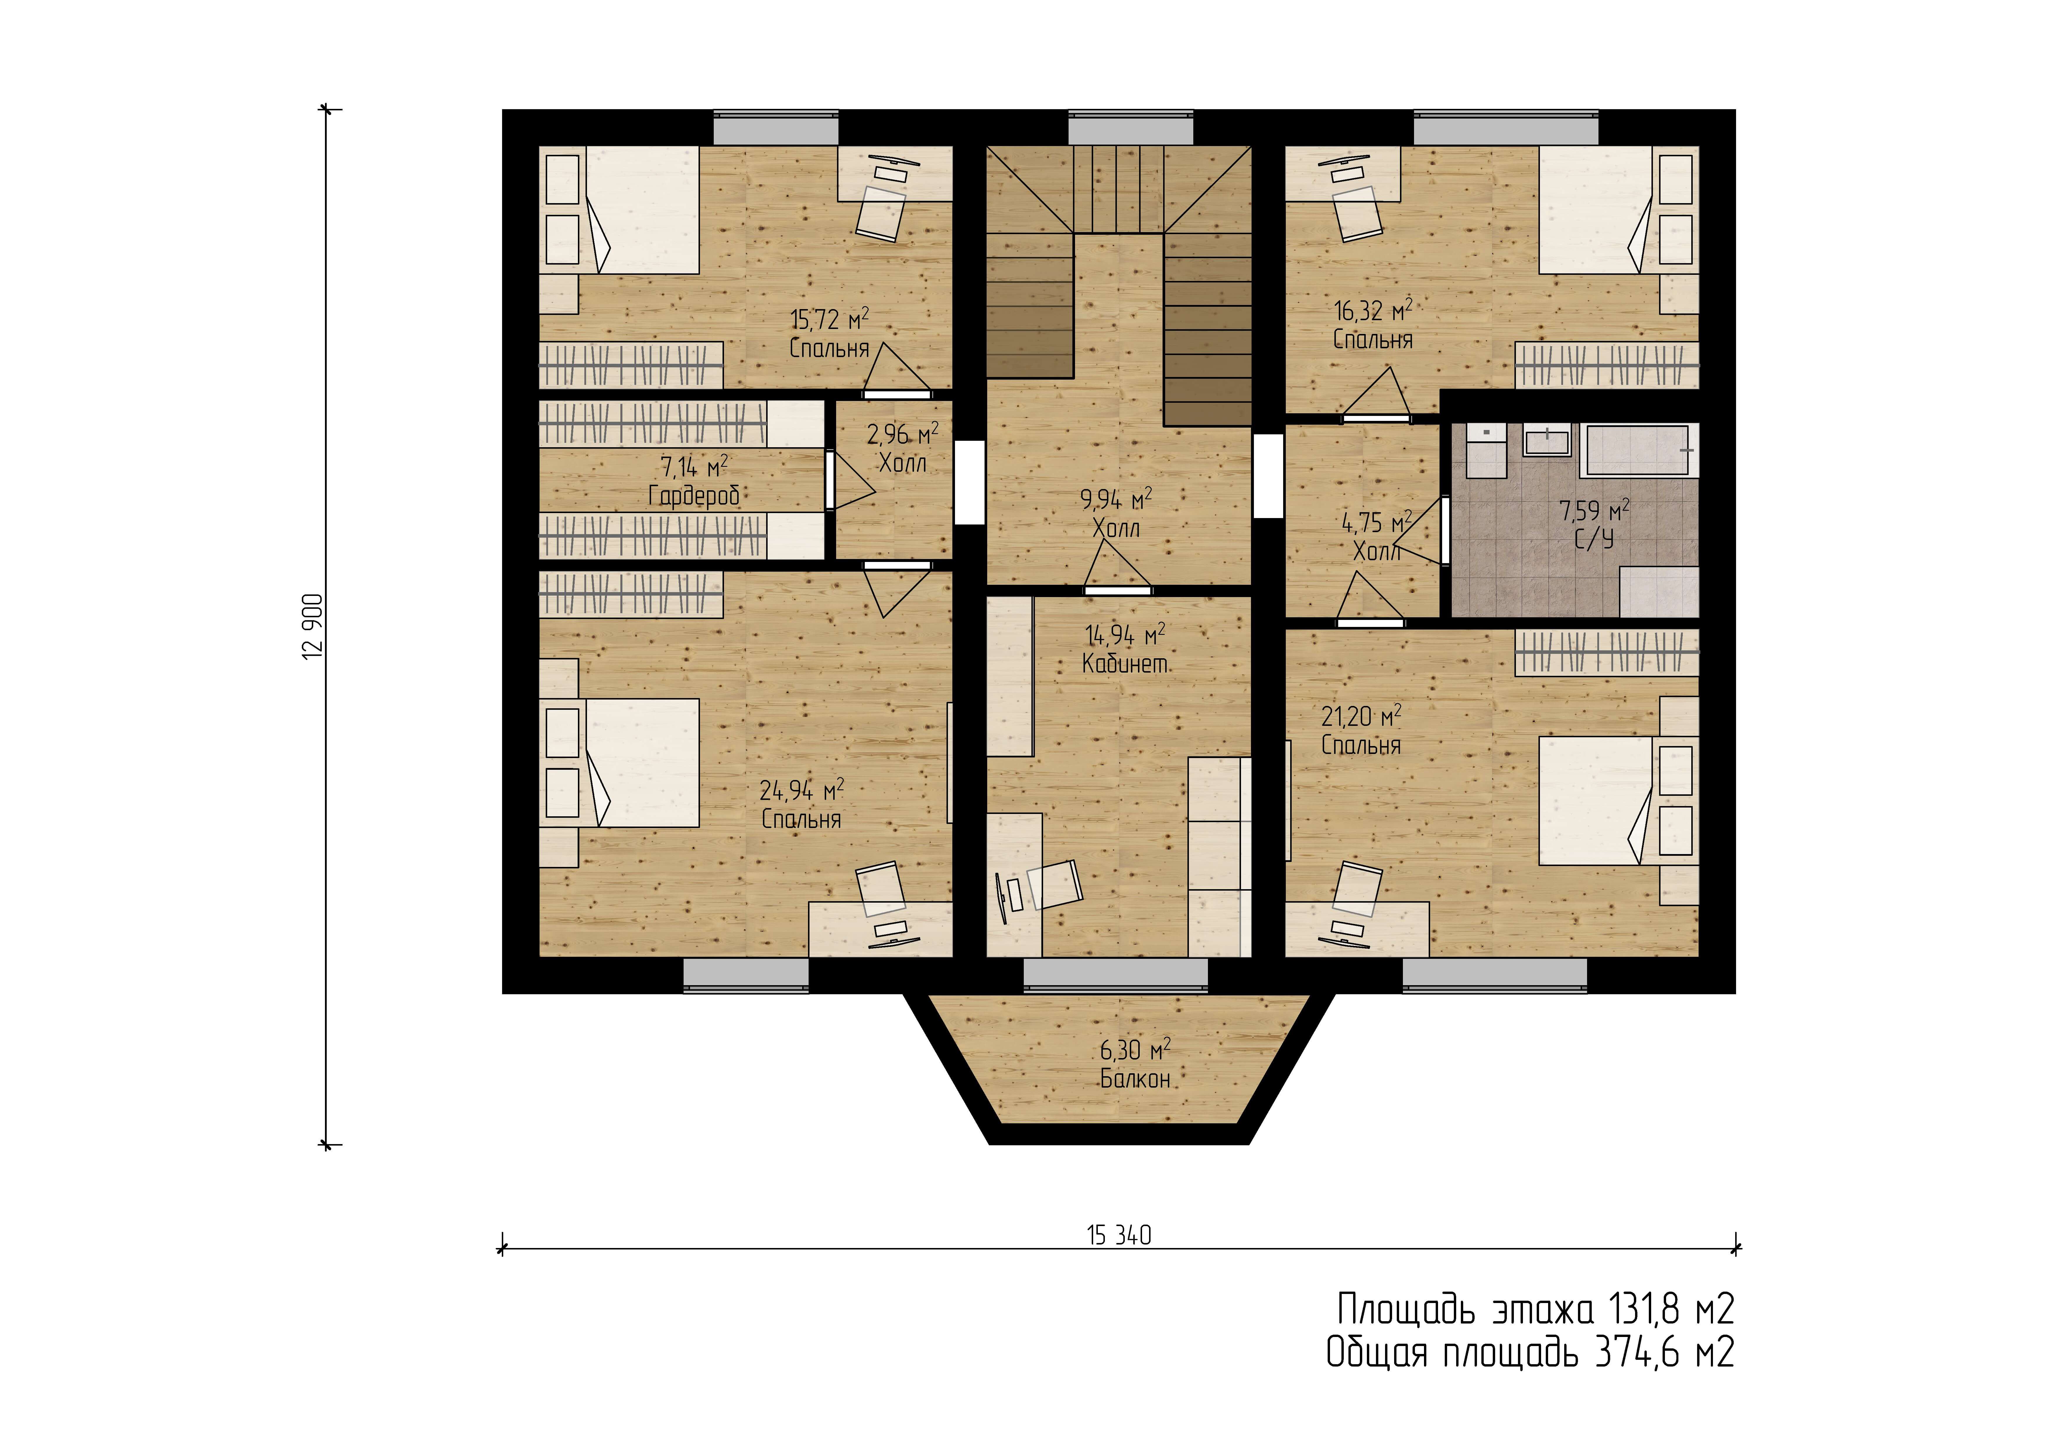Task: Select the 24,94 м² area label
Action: (802, 790)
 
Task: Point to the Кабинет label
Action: (1124, 664)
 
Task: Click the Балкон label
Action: (1135, 1079)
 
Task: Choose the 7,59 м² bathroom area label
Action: (1594, 511)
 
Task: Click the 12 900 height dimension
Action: (313, 626)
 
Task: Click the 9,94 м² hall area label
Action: (1116, 499)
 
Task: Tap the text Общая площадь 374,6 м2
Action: (1530, 1353)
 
